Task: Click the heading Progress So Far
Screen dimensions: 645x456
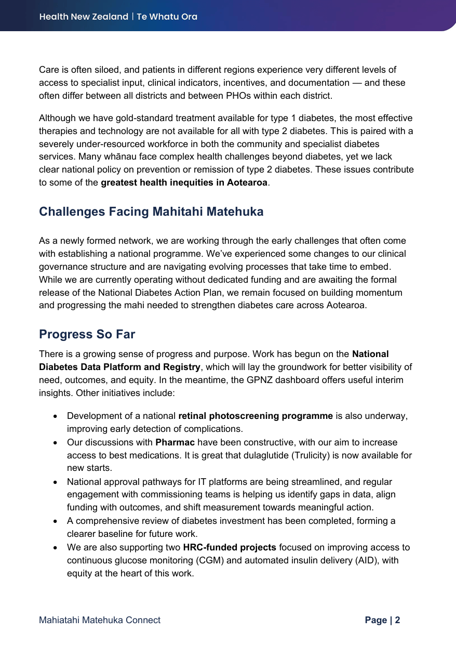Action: [x=87, y=334]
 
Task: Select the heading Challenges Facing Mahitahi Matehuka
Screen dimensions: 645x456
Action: [x=151, y=212]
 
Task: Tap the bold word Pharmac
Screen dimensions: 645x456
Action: [x=175, y=442]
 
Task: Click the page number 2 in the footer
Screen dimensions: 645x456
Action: [x=397, y=620]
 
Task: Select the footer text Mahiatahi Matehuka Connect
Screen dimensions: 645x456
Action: [x=100, y=620]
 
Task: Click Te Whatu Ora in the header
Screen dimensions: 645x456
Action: [x=167, y=17]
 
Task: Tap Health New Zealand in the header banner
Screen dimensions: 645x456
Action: [x=84, y=17]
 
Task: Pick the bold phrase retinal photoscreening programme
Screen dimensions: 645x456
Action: [x=256, y=416]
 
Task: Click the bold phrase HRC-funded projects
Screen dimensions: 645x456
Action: [x=230, y=547]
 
